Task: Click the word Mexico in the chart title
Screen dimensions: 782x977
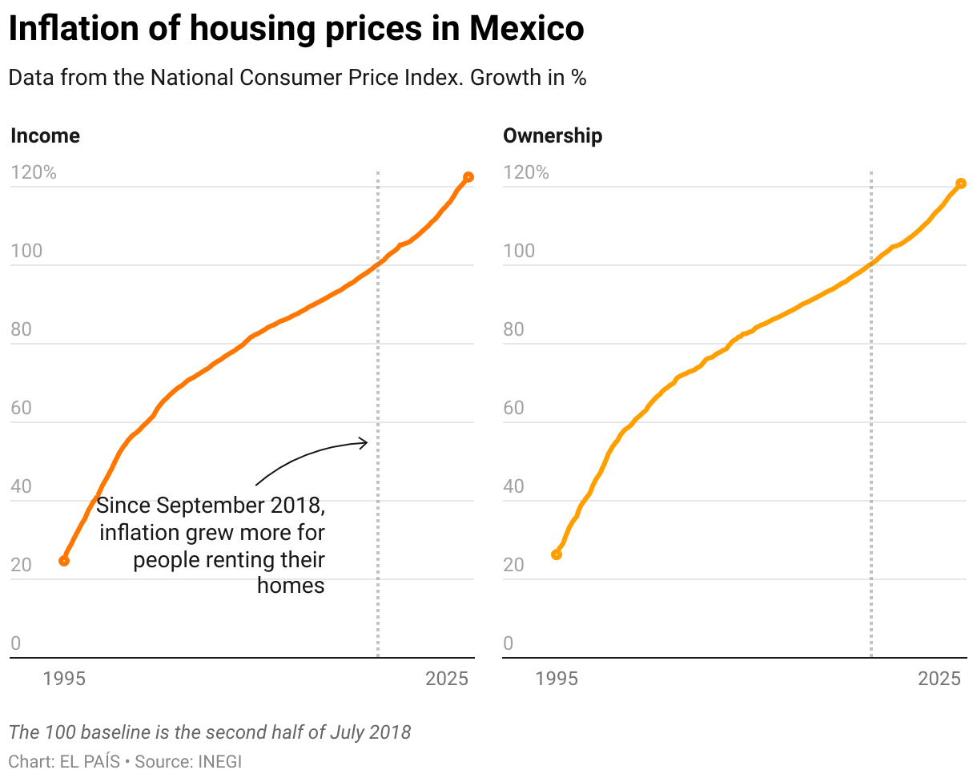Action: coord(527,30)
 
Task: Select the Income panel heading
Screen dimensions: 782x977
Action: coord(45,136)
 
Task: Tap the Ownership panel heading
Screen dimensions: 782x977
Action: coord(553,136)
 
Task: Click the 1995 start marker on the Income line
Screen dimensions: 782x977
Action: coord(64,561)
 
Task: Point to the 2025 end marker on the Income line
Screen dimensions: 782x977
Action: coord(468,177)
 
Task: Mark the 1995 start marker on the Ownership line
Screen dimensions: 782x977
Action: coord(557,554)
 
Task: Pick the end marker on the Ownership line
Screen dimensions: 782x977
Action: coord(961,183)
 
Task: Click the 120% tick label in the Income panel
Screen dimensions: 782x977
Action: coord(34,173)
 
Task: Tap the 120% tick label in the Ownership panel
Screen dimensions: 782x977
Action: coord(526,173)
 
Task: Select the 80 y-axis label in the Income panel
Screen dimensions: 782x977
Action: coord(22,330)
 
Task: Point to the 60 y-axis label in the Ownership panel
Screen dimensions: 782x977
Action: coord(514,409)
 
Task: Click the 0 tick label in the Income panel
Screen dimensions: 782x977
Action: coord(15,644)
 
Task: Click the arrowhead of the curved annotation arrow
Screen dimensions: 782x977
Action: coord(364,442)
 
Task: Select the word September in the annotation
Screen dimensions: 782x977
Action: coord(205,506)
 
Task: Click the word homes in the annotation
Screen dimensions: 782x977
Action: coord(291,586)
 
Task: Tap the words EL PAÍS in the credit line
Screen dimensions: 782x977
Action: coord(90,761)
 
